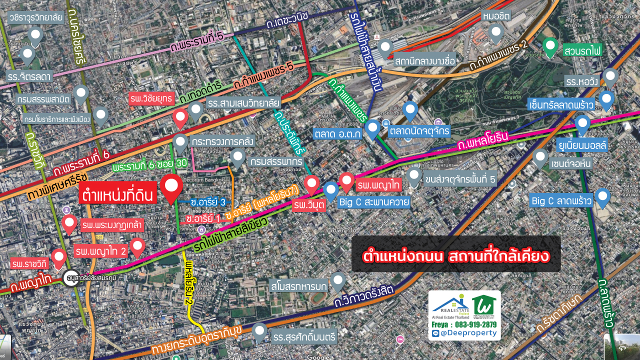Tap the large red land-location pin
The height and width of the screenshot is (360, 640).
172,187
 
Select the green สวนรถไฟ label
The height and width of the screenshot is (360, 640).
582,51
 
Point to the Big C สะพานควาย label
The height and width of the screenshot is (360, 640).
374,202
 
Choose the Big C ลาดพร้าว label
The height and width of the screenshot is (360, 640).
561,201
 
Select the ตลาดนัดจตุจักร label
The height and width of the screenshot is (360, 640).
419,131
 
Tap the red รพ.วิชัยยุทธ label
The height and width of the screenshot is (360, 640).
151,97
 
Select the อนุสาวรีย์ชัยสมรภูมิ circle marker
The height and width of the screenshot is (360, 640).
70,277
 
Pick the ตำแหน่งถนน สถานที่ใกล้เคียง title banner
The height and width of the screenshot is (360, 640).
456,256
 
